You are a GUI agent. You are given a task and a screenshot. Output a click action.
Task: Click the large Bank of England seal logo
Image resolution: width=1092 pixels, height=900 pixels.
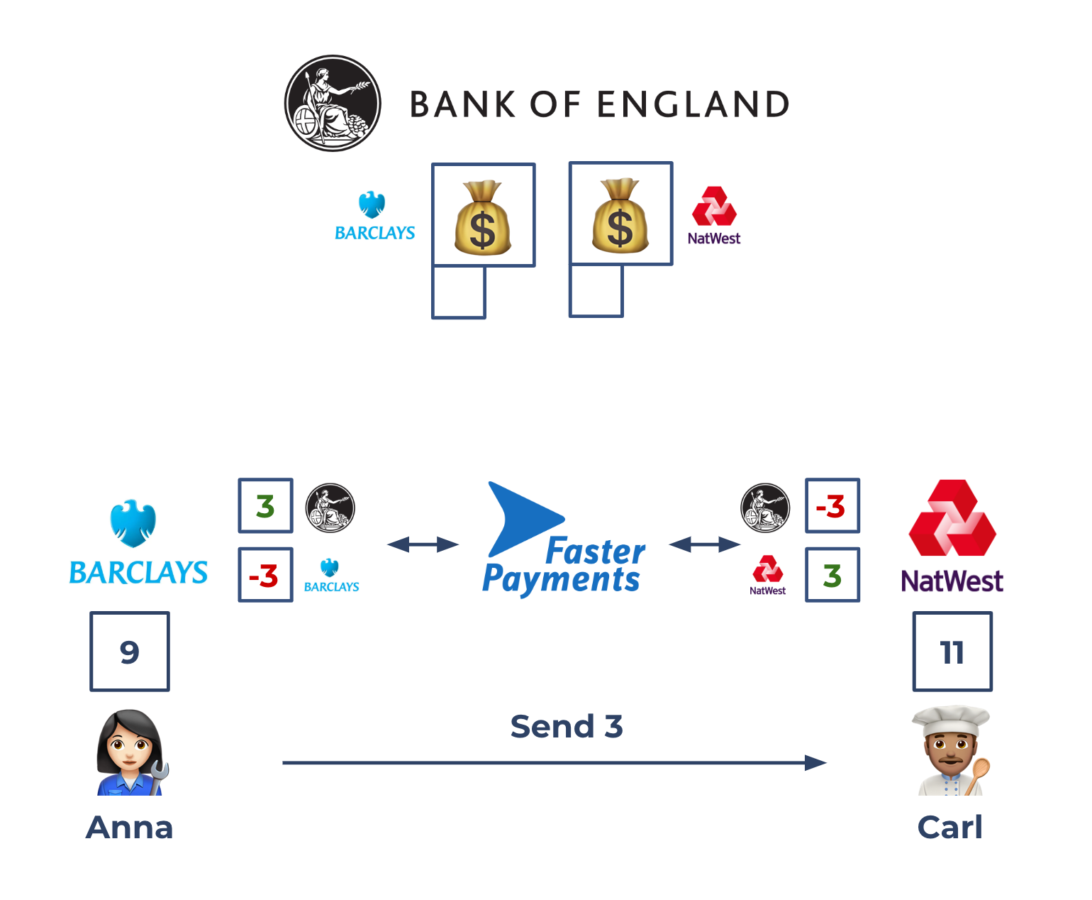click(333, 104)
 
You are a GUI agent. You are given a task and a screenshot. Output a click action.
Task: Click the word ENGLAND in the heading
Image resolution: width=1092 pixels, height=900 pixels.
click(693, 104)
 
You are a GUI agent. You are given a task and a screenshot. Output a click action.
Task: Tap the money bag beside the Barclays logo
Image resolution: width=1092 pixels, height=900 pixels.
click(483, 216)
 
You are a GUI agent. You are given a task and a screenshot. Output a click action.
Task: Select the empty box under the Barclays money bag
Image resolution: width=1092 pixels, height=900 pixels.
click(459, 292)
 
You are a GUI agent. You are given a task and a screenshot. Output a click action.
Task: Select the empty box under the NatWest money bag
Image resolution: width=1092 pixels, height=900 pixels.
click(596, 291)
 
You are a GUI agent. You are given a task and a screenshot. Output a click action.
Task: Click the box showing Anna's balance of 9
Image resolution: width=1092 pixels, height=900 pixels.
click(130, 652)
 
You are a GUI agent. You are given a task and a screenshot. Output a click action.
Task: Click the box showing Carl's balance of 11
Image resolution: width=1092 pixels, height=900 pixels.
click(952, 652)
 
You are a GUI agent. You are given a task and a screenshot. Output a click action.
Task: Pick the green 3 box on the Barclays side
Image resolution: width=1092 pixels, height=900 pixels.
click(266, 506)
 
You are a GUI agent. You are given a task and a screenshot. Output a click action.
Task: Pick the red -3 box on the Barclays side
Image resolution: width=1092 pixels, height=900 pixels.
click(266, 575)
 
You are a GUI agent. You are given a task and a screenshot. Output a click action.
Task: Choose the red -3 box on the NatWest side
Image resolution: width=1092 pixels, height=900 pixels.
click(832, 506)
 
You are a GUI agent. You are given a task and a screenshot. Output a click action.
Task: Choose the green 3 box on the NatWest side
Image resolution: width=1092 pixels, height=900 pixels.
click(832, 575)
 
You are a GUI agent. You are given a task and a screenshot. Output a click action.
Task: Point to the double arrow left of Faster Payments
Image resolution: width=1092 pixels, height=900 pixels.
click(423, 544)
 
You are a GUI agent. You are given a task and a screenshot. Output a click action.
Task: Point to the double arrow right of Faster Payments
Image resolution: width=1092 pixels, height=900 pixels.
click(704, 544)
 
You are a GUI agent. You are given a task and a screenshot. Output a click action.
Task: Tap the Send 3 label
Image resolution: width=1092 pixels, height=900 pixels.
click(567, 727)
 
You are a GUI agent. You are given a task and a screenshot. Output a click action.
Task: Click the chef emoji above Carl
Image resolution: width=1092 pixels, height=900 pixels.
click(951, 751)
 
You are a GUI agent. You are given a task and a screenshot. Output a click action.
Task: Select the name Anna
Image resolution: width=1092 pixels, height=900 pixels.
click(130, 828)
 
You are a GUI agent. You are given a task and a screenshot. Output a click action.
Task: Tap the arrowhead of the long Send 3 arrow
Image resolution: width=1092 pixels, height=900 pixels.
click(817, 763)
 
